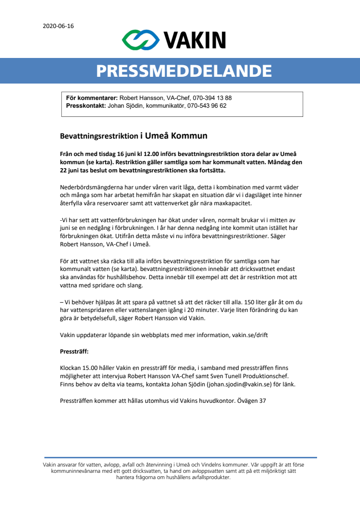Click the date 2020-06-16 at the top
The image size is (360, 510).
tap(58, 26)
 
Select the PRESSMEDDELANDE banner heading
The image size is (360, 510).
tap(184, 71)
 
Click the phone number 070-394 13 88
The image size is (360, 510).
tap(212, 98)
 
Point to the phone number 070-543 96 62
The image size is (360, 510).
tap(207, 105)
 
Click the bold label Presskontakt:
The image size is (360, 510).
tap(85, 105)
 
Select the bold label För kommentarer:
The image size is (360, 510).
tap(92, 98)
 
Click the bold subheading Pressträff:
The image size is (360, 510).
tap(74, 352)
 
